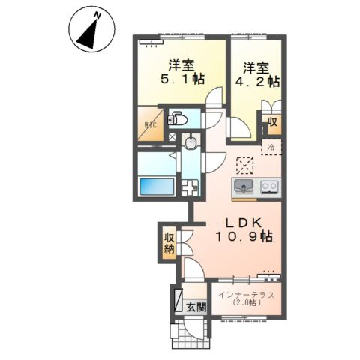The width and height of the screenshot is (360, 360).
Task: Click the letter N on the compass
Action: click(x=97, y=16)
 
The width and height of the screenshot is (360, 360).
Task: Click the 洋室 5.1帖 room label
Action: click(x=182, y=72)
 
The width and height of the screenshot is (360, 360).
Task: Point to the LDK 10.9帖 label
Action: click(x=244, y=229)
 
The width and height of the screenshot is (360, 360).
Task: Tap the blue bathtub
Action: click(x=157, y=187)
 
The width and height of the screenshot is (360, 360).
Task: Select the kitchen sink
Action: click(x=243, y=187)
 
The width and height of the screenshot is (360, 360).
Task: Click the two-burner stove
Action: click(x=270, y=187)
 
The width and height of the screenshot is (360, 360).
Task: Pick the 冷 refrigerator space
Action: click(x=271, y=148)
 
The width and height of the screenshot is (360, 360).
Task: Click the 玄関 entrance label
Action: click(x=196, y=307)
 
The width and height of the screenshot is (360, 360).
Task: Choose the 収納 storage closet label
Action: click(x=169, y=242)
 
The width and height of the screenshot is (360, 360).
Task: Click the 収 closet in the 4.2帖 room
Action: click(x=273, y=122)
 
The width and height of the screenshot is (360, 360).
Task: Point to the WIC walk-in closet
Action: click(x=151, y=124)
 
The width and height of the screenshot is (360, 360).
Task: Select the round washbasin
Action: click(x=190, y=142)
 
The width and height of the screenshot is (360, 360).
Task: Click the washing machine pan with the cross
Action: click(x=190, y=188)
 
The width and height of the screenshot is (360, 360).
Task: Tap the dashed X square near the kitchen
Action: click(x=245, y=166)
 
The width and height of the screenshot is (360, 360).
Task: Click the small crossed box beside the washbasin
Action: click(x=172, y=137)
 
